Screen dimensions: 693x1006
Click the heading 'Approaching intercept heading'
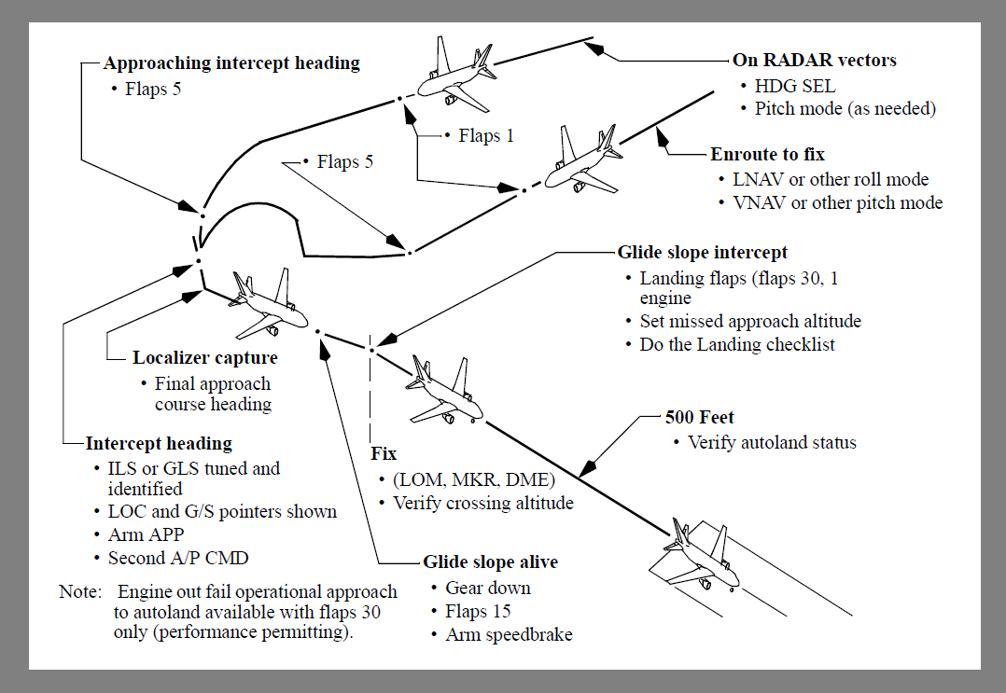(231, 63)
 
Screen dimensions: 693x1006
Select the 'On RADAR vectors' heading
(815, 61)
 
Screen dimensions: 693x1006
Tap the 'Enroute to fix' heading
(767, 155)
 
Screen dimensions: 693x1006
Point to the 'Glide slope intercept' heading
(703, 253)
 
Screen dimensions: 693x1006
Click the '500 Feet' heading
(693, 418)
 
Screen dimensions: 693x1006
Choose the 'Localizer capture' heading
(205, 358)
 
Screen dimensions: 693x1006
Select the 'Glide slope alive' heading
(491, 562)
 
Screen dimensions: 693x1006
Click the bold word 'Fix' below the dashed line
(384, 454)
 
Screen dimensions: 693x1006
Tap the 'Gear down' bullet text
(488, 588)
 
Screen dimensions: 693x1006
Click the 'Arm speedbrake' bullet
(509, 635)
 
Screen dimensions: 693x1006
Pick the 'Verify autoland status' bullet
(772, 442)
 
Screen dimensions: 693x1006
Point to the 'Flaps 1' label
(486, 136)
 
